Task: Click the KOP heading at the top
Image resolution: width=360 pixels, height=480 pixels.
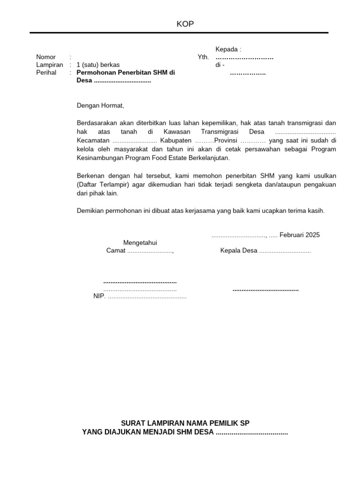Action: (185, 24)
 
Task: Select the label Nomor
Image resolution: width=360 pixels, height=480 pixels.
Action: (46, 57)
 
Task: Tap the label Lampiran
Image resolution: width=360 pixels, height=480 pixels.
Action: (50, 65)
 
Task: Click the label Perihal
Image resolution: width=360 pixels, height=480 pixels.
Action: (46, 73)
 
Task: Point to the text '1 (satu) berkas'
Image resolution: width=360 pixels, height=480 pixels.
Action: (98, 65)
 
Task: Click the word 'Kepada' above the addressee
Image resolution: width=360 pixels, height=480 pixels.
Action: (227, 49)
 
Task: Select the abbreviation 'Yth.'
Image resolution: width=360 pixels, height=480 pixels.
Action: (203, 57)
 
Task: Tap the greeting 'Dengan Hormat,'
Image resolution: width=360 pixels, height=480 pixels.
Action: (101, 106)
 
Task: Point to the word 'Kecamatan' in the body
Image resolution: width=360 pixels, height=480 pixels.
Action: (93, 141)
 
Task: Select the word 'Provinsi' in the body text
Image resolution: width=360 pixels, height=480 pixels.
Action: (226, 141)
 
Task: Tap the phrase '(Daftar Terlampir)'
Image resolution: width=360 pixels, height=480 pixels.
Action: (103, 184)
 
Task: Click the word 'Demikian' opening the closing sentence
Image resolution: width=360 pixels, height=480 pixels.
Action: (89, 210)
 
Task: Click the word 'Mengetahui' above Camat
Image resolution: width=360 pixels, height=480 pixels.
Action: (140, 242)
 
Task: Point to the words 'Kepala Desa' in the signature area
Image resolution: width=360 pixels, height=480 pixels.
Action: (239, 251)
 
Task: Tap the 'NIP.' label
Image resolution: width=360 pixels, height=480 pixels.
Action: (99, 297)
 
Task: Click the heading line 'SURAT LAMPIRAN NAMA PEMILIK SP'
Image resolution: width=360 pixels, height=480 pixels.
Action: (185, 423)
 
